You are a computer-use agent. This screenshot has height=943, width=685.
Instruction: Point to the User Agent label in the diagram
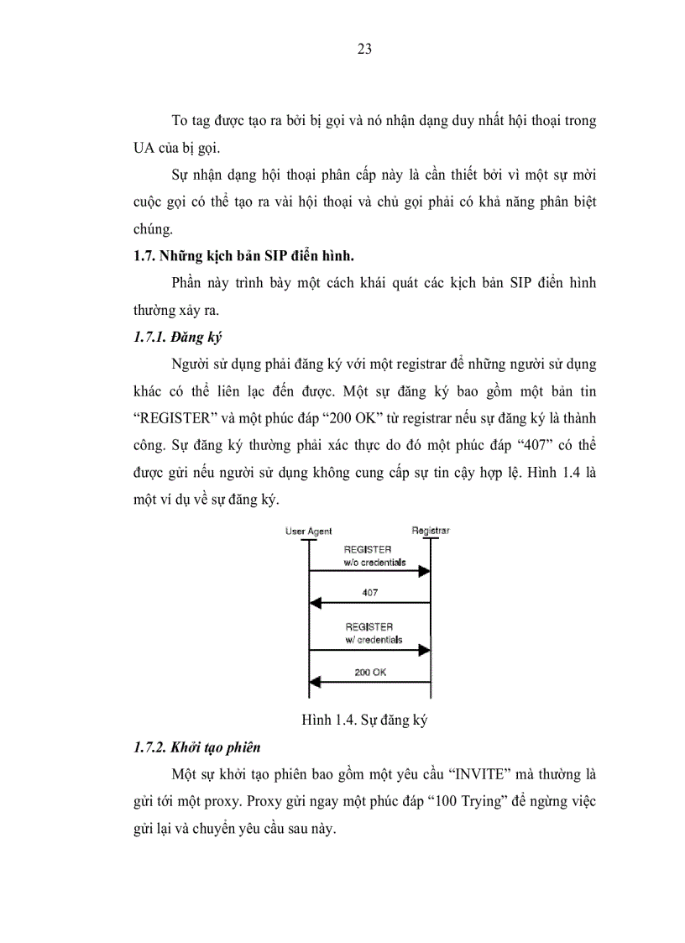point(308,531)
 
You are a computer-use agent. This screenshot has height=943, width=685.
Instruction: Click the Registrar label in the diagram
point(430,530)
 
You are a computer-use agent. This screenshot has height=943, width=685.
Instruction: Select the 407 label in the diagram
point(369,592)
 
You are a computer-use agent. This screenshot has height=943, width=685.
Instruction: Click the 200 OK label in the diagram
point(370,672)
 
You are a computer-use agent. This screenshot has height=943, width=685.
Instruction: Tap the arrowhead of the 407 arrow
point(316,602)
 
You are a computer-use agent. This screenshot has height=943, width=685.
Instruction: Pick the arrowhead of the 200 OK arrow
point(316,682)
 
